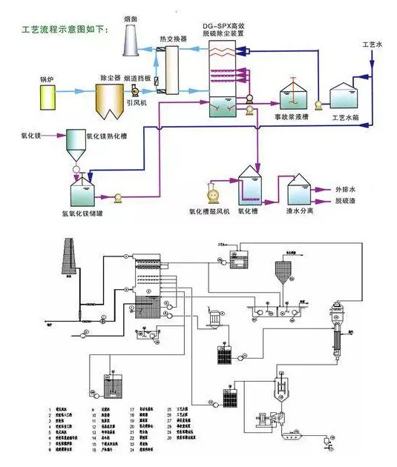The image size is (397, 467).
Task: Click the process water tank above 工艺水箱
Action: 347,97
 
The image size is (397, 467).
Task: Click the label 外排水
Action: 347,189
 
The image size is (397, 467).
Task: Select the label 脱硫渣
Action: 347,201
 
